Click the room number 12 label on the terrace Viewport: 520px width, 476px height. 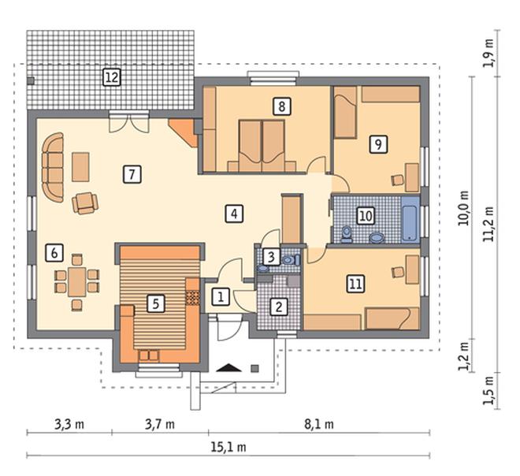[x=111, y=77]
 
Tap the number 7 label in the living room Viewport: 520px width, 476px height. [x=132, y=174]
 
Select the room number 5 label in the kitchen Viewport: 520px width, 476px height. [x=156, y=303]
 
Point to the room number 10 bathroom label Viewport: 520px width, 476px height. [x=366, y=216]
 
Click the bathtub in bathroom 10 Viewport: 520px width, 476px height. [x=410, y=219]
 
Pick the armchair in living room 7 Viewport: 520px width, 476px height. [x=85, y=203]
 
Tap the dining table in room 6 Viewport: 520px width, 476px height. [x=77, y=281]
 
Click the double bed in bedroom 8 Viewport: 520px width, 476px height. [x=262, y=146]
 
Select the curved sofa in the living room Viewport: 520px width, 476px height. [x=53, y=167]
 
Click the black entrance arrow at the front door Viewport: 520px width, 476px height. [x=228, y=368]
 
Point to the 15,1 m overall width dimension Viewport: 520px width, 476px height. [x=228, y=447]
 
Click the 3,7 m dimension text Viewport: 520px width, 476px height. [x=159, y=424]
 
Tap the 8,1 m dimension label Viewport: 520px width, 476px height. [x=319, y=424]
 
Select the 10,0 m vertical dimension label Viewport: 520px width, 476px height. [x=463, y=208]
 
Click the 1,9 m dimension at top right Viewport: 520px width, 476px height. [x=488, y=54]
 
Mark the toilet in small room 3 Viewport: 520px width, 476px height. [x=291, y=260]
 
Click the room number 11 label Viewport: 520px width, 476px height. [x=355, y=284]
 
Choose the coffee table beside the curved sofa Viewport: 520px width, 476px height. [x=80, y=167]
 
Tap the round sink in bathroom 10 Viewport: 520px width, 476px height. [x=377, y=237]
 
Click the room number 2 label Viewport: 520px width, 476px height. [x=279, y=307]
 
